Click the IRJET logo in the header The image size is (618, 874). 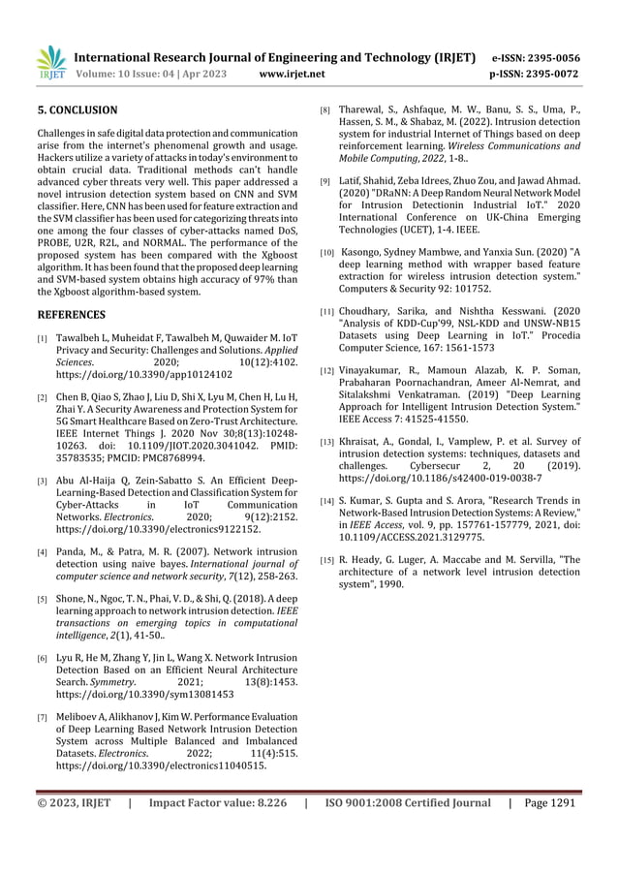point(48,63)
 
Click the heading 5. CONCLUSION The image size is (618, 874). point(77,110)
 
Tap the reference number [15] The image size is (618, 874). point(327,561)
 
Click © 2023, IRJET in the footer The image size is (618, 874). point(75,804)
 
